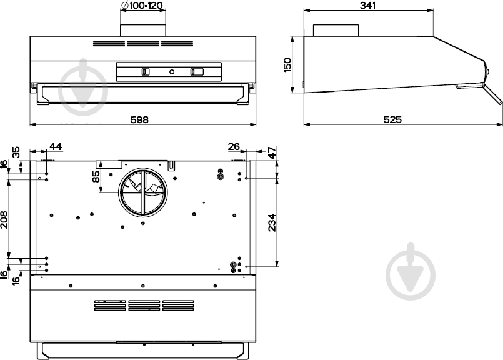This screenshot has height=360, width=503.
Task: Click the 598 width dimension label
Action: point(139,119)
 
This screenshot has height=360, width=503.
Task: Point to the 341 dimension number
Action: point(369,6)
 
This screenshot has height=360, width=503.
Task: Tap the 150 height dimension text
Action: point(287,65)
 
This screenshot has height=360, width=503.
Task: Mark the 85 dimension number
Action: point(96,177)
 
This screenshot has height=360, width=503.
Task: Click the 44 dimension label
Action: point(56,146)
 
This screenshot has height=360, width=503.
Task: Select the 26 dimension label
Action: point(234,146)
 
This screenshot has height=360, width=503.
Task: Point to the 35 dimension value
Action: point(17,152)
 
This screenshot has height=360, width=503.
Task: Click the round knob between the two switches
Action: point(171,72)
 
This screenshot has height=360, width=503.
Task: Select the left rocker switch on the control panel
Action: point(146,72)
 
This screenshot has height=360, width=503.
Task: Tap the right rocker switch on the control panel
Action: point(197,72)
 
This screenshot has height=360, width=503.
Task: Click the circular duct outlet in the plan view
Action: point(142,190)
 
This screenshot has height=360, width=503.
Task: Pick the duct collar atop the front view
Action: point(142,29)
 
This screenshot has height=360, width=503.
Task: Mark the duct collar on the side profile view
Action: point(336,30)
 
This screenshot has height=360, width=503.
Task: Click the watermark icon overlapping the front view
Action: point(84,88)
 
